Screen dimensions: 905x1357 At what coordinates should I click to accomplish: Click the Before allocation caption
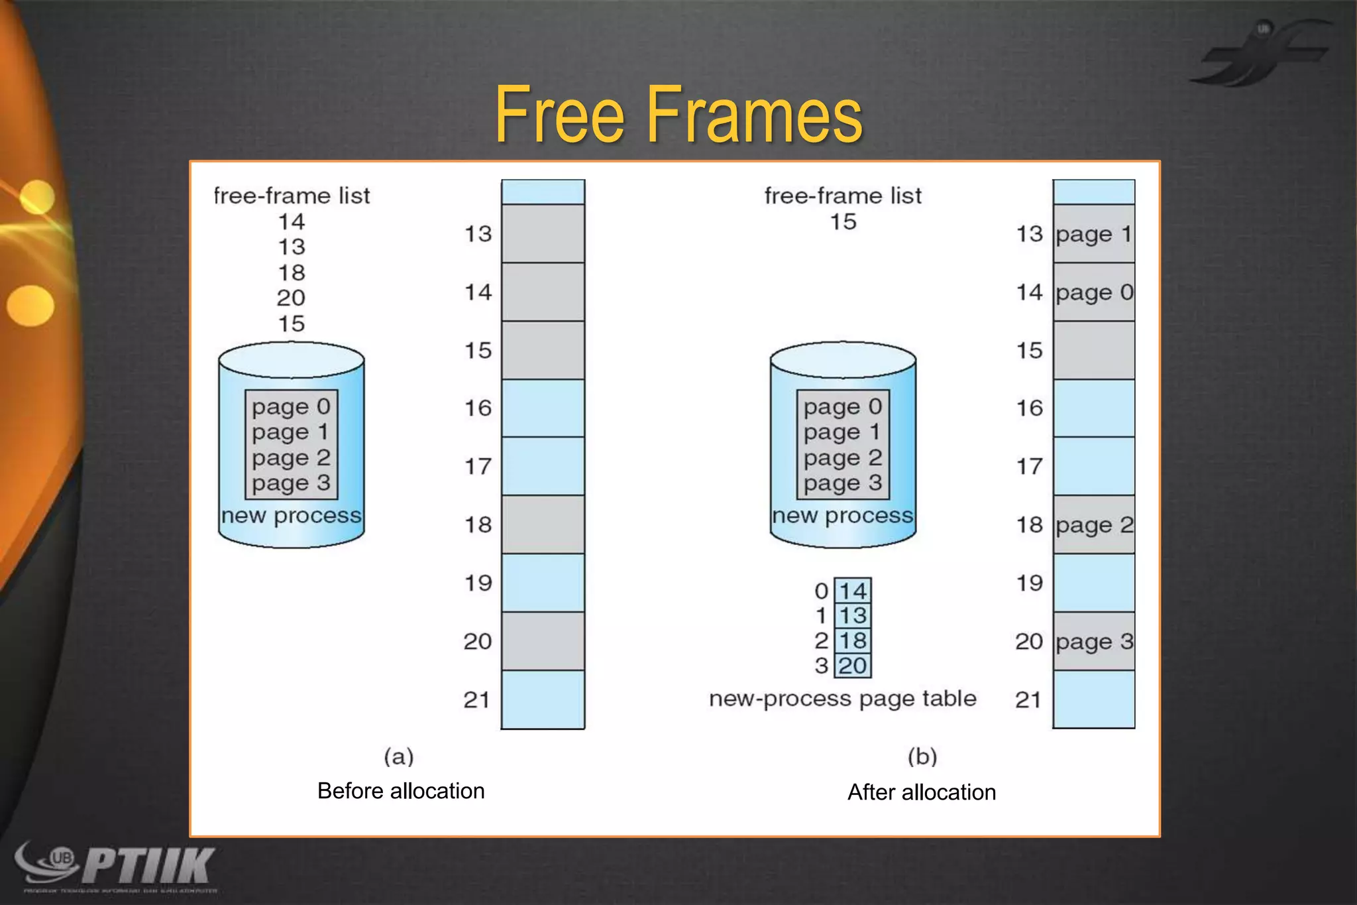click(x=401, y=791)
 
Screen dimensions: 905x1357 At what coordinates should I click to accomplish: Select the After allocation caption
click(x=922, y=792)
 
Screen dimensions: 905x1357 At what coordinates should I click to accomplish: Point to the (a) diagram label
click(x=399, y=756)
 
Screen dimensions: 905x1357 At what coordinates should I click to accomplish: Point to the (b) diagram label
click(x=922, y=756)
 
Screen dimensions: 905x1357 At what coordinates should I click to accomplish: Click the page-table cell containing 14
click(x=853, y=591)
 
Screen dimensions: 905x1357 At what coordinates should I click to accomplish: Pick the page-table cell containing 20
click(x=853, y=666)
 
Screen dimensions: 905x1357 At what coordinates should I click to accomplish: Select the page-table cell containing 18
click(x=853, y=640)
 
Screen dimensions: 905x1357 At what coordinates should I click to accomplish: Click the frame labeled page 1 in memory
click(x=1094, y=234)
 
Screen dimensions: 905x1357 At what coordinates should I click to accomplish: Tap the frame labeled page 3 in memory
click(x=1094, y=641)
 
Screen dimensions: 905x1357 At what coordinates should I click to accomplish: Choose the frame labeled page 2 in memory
click(x=1094, y=525)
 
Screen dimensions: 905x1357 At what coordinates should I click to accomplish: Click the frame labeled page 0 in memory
click(x=1094, y=292)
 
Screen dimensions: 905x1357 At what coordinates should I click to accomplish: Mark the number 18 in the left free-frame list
click(x=292, y=272)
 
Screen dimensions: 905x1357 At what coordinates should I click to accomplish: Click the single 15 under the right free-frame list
click(x=843, y=221)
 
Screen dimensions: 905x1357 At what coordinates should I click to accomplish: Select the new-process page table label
click(x=843, y=699)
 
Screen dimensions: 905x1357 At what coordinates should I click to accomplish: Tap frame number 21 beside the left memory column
click(x=477, y=699)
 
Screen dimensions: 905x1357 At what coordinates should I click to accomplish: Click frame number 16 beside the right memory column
click(x=1030, y=408)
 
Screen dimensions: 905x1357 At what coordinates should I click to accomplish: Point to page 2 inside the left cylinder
click(x=291, y=458)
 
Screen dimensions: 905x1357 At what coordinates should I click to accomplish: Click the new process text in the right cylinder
click(x=843, y=516)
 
